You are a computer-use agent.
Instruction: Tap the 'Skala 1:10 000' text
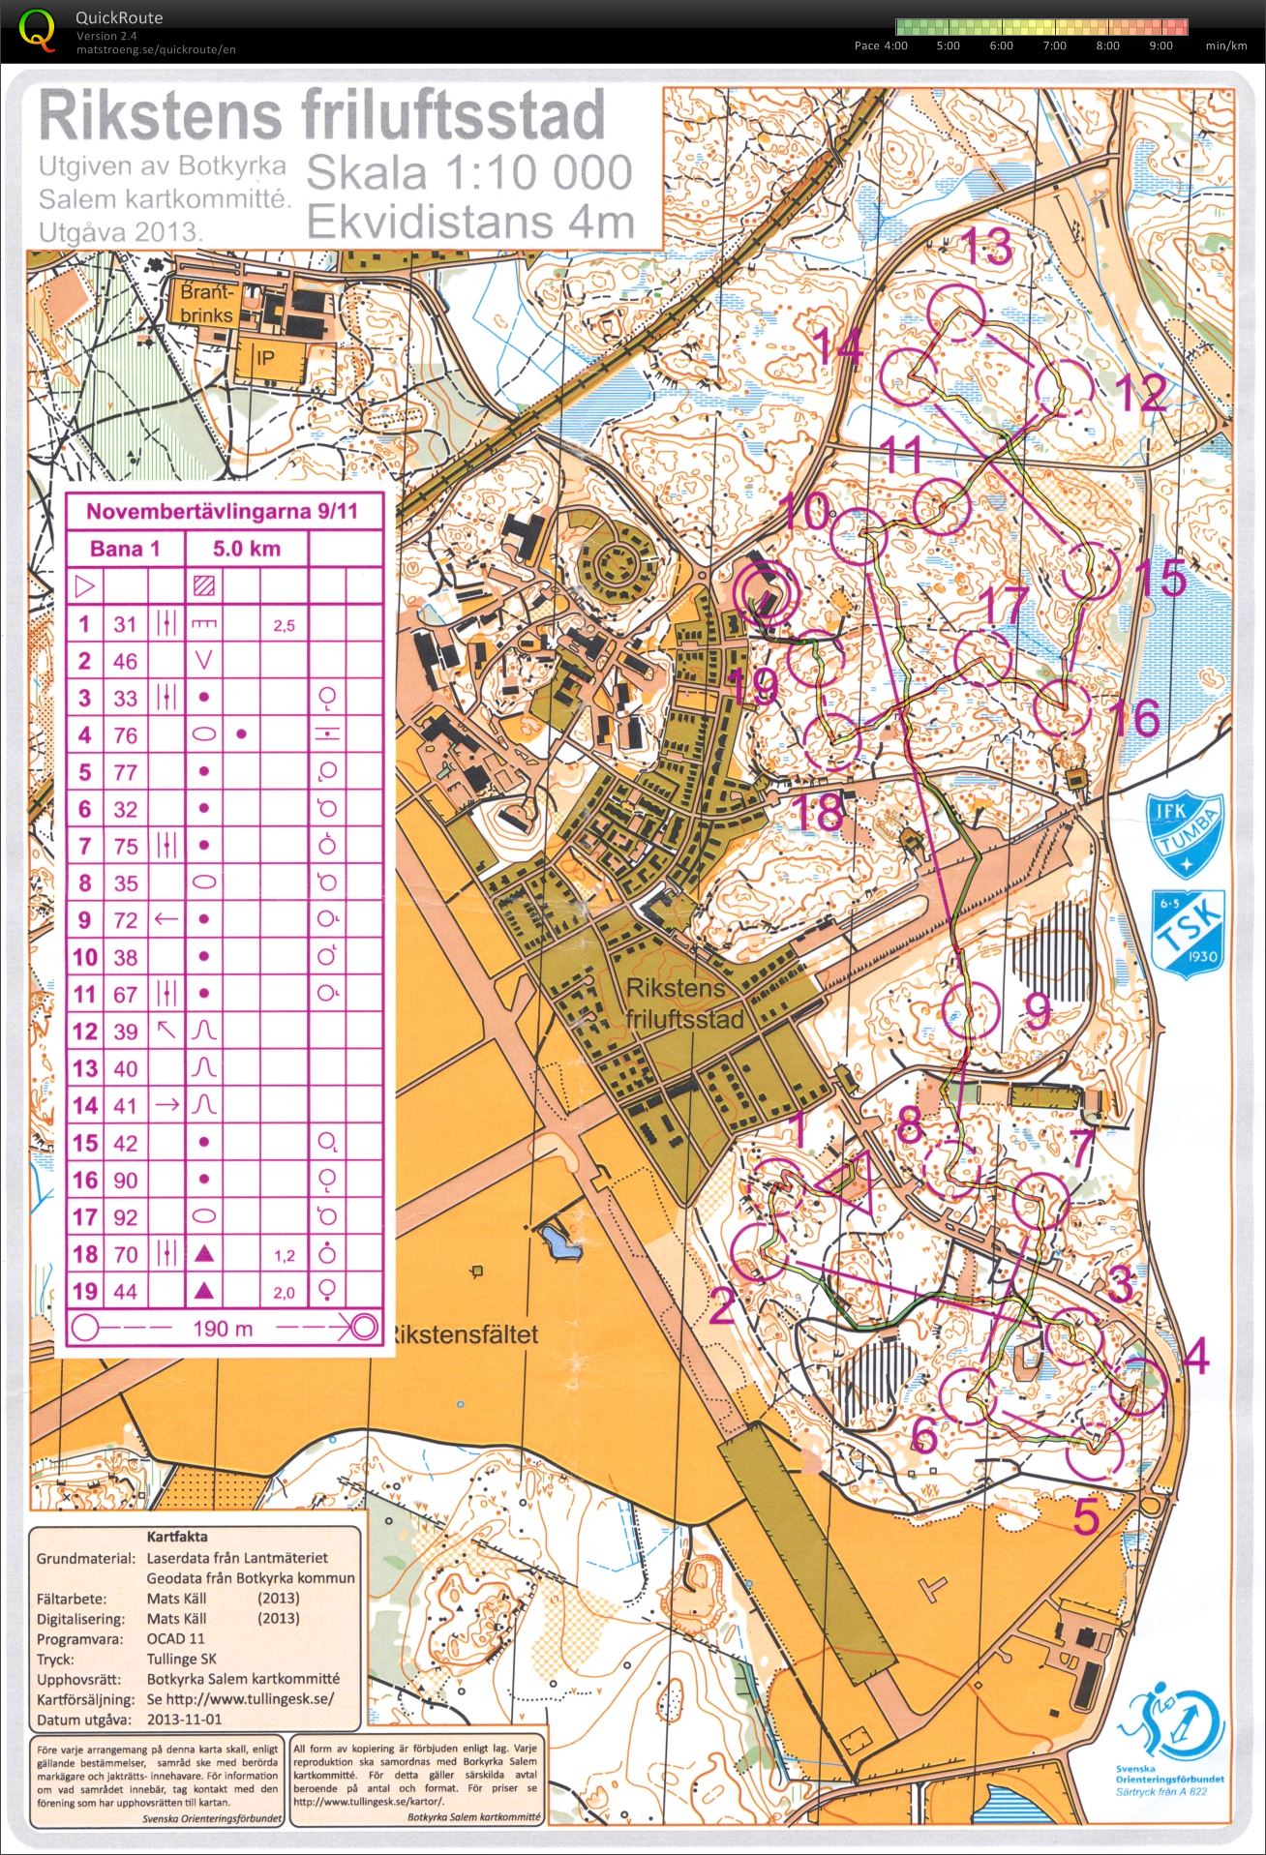tap(469, 172)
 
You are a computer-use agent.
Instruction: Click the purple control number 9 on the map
tap(1037, 1012)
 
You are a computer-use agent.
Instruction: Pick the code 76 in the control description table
tap(126, 735)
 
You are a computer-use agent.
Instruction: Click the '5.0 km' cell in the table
tap(247, 549)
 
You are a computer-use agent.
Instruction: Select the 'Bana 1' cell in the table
tap(124, 549)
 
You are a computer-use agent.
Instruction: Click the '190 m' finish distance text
tap(223, 1328)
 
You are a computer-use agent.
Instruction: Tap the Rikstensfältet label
tap(463, 1334)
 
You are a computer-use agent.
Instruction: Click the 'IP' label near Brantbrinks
tap(265, 358)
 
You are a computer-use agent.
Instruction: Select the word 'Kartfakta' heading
tap(177, 1536)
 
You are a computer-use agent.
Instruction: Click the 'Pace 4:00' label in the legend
tap(881, 45)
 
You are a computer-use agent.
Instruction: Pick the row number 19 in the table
tap(85, 1291)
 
